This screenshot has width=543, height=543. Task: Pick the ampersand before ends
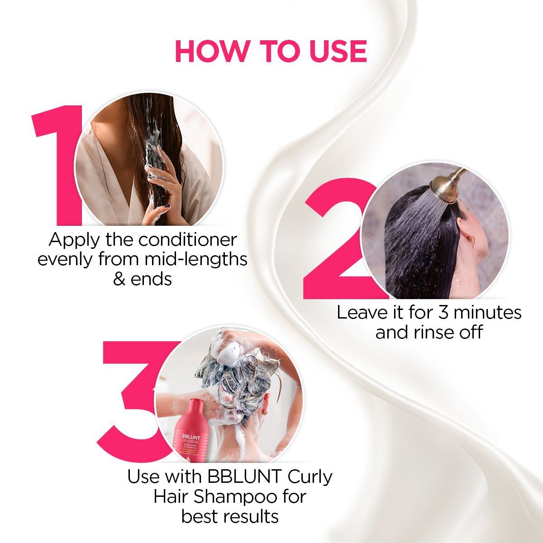119,279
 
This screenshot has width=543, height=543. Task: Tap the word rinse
435,333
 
